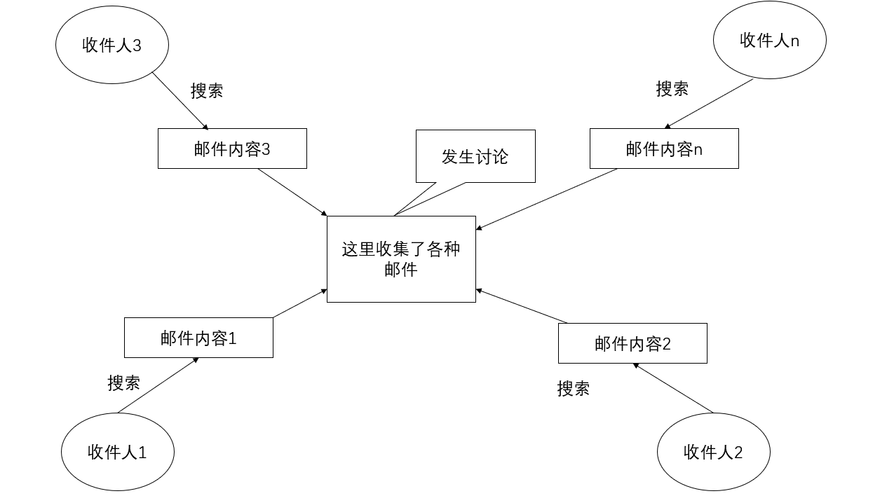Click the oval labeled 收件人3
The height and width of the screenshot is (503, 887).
[112, 46]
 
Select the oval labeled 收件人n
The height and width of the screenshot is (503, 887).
[769, 41]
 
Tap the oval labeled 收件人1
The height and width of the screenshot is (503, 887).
[117, 452]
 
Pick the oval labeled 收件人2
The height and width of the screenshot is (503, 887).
[713, 452]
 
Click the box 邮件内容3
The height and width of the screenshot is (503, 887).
[232, 149]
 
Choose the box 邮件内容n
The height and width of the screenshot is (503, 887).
[664, 149]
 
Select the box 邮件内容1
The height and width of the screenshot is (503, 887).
[198, 338]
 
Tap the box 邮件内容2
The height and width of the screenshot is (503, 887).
[632, 343]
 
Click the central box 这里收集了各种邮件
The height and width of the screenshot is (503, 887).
[401, 259]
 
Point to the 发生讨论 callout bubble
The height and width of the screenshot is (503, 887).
[475, 156]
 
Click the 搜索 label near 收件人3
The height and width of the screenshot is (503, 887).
[207, 90]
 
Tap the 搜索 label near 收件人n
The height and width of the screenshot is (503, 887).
[672, 89]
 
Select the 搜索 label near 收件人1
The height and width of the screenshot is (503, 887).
[123, 383]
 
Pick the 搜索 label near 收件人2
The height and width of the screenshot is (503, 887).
[573, 388]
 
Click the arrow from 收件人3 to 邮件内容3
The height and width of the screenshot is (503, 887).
[180, 101]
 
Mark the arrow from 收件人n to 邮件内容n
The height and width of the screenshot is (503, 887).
[709, 104]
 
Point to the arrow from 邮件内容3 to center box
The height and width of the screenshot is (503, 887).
[293, 192]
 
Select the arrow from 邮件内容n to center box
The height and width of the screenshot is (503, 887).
[547, 198]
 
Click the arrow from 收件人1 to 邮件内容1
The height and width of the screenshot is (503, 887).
[158, 385]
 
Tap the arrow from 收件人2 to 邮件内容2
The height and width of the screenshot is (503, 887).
[673, 388]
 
